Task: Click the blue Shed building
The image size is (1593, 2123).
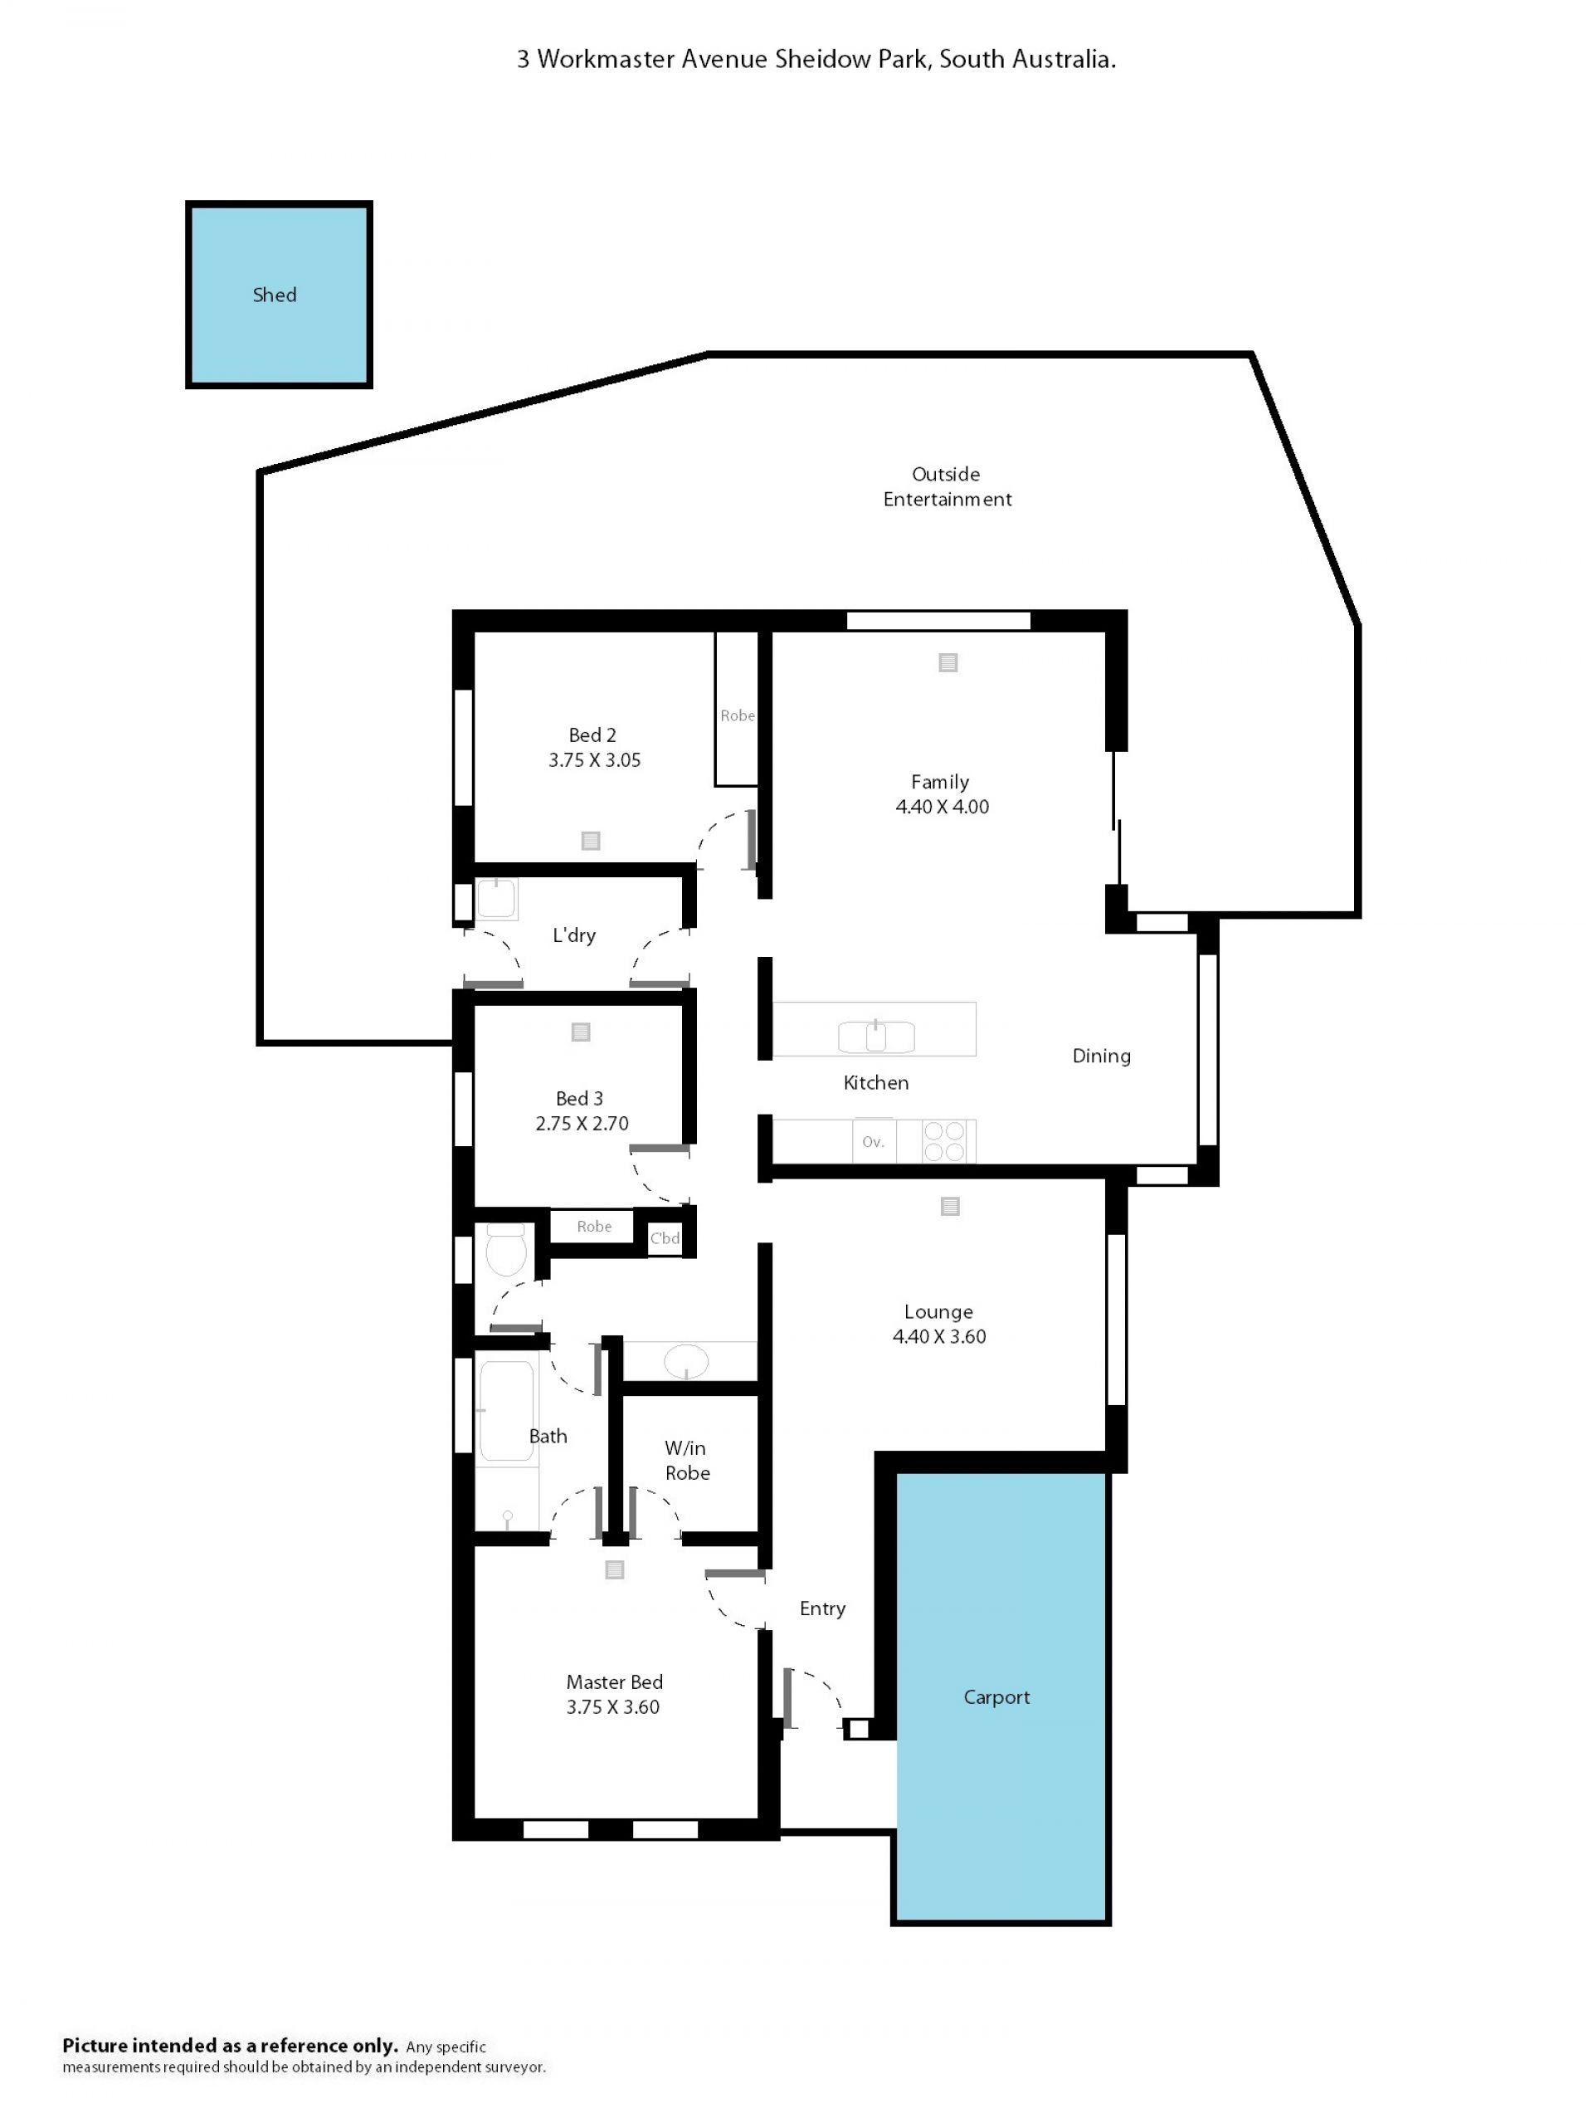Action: coord(278,295)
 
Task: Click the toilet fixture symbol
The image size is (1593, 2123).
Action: coord(506,1249)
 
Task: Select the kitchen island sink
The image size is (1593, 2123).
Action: coord(876,1037)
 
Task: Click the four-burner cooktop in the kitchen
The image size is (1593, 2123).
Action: coord(943,1141)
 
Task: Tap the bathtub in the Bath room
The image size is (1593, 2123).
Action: coord(506,1411)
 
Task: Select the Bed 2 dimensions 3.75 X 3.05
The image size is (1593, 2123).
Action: coord(594,760)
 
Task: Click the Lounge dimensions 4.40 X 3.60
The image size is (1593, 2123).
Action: coord(938,1336)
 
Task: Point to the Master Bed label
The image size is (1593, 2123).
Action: coord(614,1681)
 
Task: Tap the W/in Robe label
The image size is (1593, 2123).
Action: coord(687,1460)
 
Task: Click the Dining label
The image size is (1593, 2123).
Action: coord(1101,1056)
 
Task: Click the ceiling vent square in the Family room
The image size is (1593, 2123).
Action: coord(948,662)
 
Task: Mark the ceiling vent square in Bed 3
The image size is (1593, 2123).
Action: coord(581,1032)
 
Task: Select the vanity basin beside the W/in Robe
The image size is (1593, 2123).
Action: coord(686,1360)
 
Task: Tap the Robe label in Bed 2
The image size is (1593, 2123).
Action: coord(737,715)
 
